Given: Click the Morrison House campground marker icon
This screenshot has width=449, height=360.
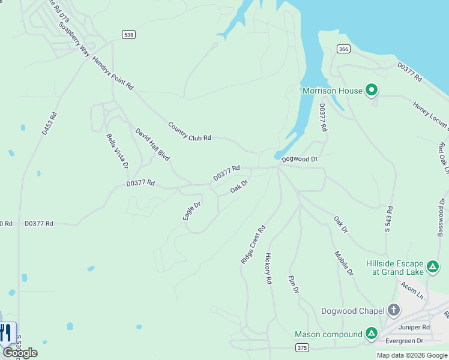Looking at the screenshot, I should pyautogui.click(x=372, y=91).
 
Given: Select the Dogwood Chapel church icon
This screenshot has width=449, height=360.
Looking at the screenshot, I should pyautogui.click(x=394, y=310).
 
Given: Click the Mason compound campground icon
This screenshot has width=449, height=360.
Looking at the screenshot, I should pyautogui.click(x=372, y=334).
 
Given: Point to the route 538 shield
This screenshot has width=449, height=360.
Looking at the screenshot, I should pyautogui.click(x=128, y=34).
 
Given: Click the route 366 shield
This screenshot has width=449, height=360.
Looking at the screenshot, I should pyautogui.click(x=343, y=49).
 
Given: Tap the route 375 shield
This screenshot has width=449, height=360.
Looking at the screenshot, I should pyautogui.click(x=302, y=347).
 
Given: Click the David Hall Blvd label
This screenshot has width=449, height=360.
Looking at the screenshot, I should pyautogui.click(x=152, y=144).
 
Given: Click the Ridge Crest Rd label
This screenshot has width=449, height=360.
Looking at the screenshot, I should pyautogui.click(x=253, y=245).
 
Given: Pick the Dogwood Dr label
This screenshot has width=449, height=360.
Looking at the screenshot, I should pyautogui.click(x=299, y=159).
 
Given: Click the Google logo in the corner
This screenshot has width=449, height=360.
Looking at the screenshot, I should pyautogui.click(x=20, y=353).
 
